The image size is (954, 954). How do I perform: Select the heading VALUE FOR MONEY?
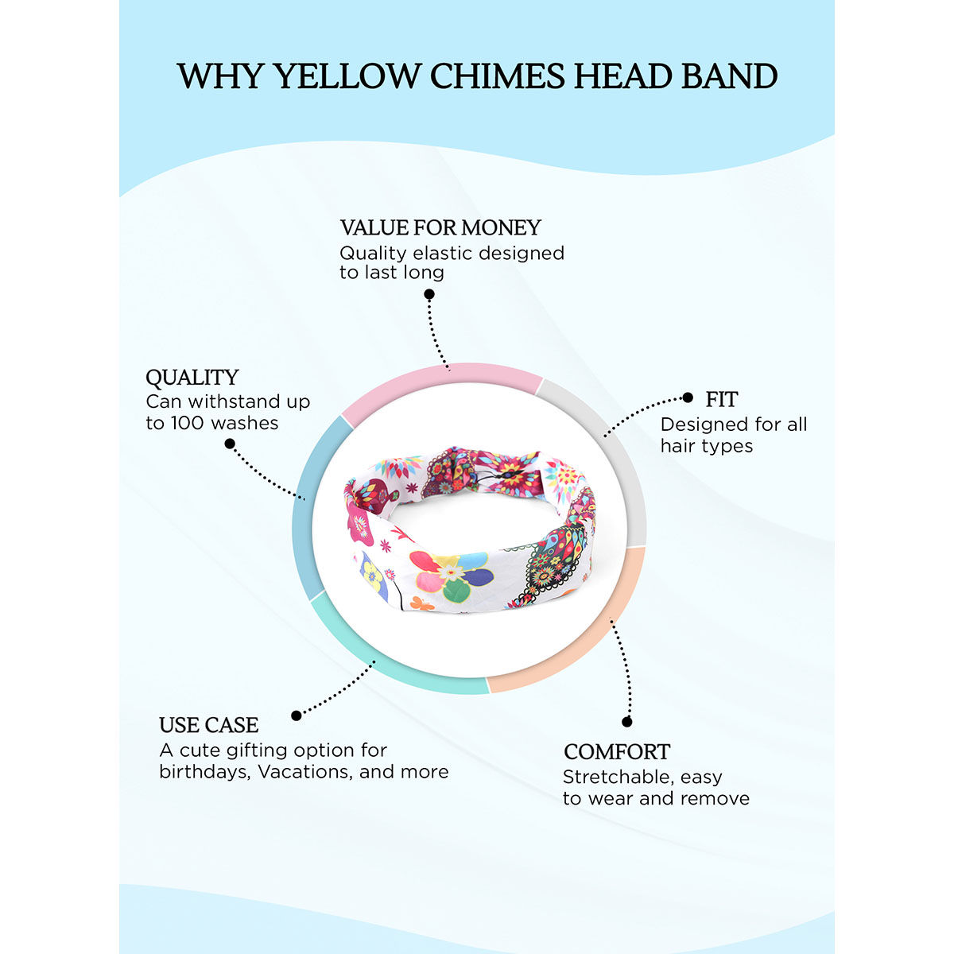(x=440, y=228)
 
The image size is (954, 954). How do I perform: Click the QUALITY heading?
(x=192, y=378)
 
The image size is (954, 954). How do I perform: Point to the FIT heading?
(x=722, y=399)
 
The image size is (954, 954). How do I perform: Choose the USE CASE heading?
(x=208, y=725)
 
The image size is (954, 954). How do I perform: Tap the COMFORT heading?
(x=617, y=752)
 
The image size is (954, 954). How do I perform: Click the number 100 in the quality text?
(x=188, y=423)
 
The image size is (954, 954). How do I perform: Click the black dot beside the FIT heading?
(x=688, y=397)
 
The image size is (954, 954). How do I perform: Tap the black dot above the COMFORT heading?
(x=626, y=722)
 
